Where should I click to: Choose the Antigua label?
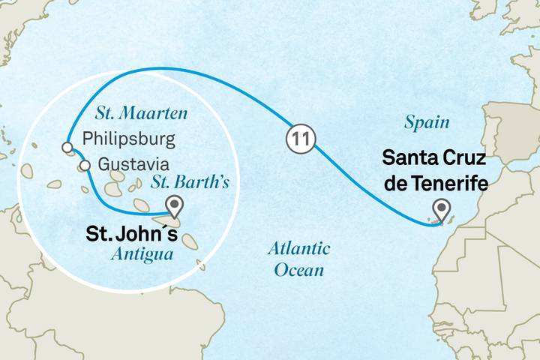[x=142, y=254]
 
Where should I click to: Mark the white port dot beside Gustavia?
[x=85, y=165]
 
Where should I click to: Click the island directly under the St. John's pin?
[x=172, y=223]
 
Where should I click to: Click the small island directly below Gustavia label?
[x=117, y=177]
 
